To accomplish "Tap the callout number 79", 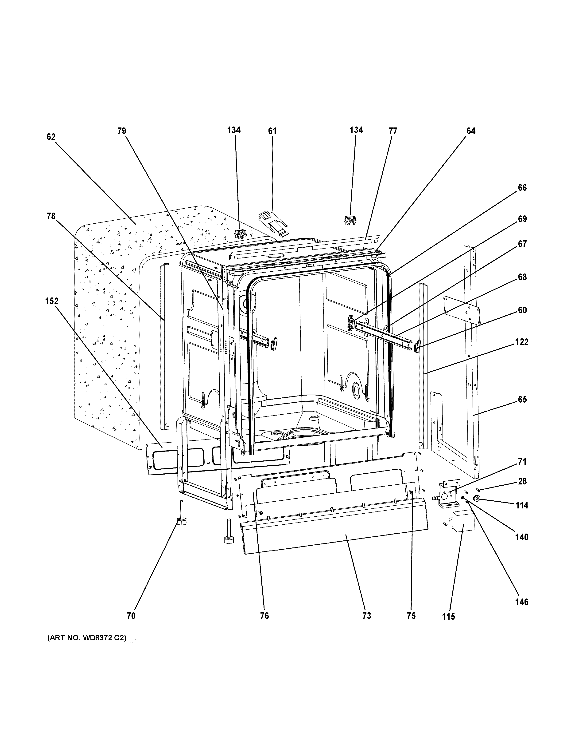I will pos(122,131).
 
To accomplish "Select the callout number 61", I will pos(272,131).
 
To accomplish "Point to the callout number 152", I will pos(52,301).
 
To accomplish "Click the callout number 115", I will pos(448,616).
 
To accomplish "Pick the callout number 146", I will pos(521,602).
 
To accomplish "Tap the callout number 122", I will pos(521,342).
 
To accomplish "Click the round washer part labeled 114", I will pos(477,499).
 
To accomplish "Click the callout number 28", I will pos(522,481).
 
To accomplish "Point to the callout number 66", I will pos(522,188).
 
